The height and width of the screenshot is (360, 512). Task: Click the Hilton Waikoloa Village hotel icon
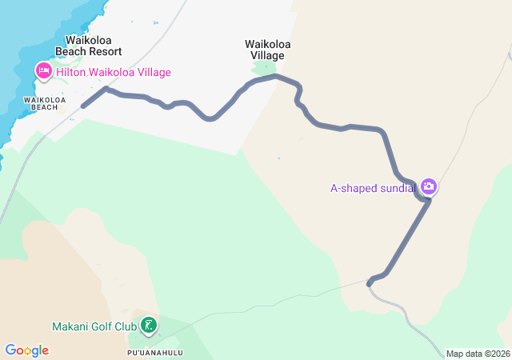[43, 72]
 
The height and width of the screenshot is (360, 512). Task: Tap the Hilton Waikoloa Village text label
[113, 73]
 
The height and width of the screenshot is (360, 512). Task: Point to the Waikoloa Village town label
[265, 50]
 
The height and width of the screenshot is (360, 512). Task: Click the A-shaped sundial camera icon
[429, 186]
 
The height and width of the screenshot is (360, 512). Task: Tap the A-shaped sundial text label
[373, 189]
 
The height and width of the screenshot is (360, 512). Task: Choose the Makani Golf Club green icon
[148, 325]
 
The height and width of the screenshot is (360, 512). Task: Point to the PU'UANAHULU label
[155, 352]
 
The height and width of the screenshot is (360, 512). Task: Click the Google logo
[26, 350]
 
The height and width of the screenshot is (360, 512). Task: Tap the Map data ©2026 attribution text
[477, 354]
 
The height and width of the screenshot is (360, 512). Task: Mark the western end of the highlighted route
[83, 106]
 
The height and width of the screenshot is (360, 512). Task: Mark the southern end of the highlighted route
[369, 283]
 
